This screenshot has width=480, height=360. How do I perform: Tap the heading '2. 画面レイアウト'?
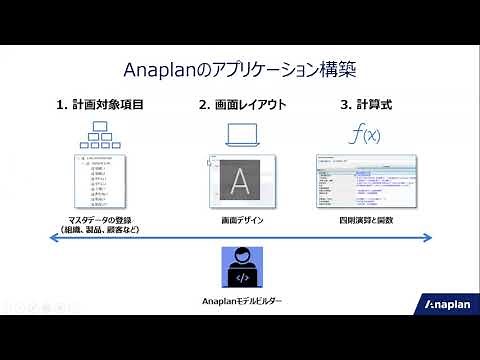pyautogui.click(x=244, y=104)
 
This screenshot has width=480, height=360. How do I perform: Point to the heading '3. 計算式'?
pyautogui.click(x=369, y=104)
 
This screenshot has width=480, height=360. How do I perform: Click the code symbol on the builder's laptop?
pyautogui.click(x=240, y=276)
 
